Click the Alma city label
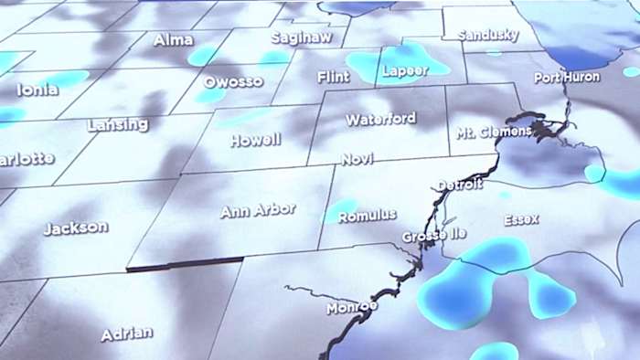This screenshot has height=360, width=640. (x=172, y=39)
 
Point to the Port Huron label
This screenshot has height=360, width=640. (x=567, y=78)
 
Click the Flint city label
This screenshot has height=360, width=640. (x=333, y=77)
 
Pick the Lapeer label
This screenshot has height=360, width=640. (x=404, y=70)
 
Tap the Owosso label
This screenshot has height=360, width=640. (x=232, y=81)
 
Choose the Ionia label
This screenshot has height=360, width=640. (x=37, y=90)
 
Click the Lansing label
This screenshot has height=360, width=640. (x=118, y=124)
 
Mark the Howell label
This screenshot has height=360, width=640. (x=255, y=140)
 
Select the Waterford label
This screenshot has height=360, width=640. (x=380, y=119)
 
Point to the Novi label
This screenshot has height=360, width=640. (x=357, y=159)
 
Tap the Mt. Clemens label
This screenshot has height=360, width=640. (x=494, y=132)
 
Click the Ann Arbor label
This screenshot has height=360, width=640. (x=257, y=210)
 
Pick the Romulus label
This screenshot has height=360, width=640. (x=367, y=216)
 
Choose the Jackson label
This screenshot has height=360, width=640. (x=75, y=228)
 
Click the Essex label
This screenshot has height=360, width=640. (x=521, y=219)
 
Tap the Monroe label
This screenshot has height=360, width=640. (x=352, y=307)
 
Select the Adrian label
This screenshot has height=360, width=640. (x=126, y=334)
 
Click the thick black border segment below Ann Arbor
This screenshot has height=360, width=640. (x=184, y=263)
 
